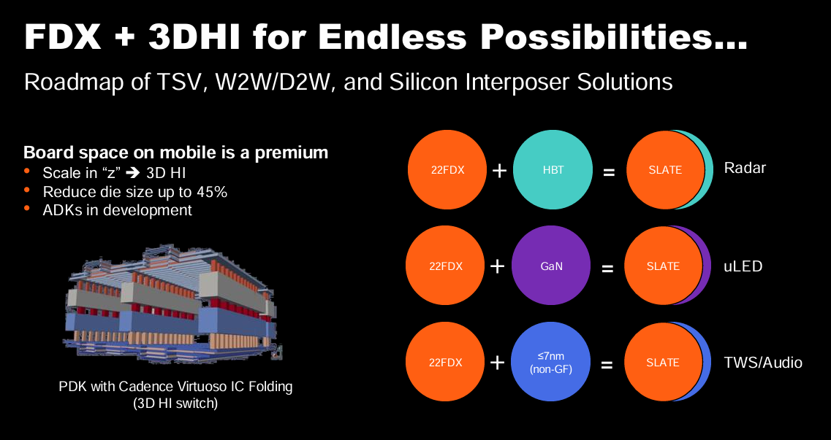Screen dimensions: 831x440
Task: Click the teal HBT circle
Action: pyautogui.click(x=553, y=170)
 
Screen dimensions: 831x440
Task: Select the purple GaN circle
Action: pyautogui.click(x=550, y=266)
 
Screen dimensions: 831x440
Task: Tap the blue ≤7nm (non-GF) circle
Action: pyautogui.click(x=550, y=362)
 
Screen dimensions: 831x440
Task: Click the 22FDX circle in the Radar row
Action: pyautogui.click(x=447, y=170)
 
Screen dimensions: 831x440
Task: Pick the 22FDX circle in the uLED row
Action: pyautogui.click(x=445, y=266)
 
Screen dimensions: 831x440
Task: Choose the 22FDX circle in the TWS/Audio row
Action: pyautogui.click(x=445, y=362)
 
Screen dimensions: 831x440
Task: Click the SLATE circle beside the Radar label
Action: pyautogui.click(x=666, y=170)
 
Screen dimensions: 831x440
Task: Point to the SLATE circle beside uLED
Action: pyautogui.click(x=664, y=266)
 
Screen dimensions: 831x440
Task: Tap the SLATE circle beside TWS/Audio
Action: pyautogui.click(x=663, y=362)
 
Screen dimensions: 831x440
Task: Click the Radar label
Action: pyautogui.click(x=745, y=168)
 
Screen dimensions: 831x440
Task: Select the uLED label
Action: pyautogui.click(x=743, y=266)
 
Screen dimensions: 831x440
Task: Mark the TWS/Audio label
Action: pyautogui.click(x=763, y=362)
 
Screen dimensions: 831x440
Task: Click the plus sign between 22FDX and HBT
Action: pyautogui.click(x=499, y=170)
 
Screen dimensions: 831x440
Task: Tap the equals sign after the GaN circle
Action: pyautogui.click(x=607, y=269)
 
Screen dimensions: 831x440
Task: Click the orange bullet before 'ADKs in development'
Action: pyautogui.click(x=27, y=208)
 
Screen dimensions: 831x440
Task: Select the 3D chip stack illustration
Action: pyautogui.click(x=173, y=304)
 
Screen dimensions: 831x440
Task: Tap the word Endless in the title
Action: pyautogui.click(x=393, y=36)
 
